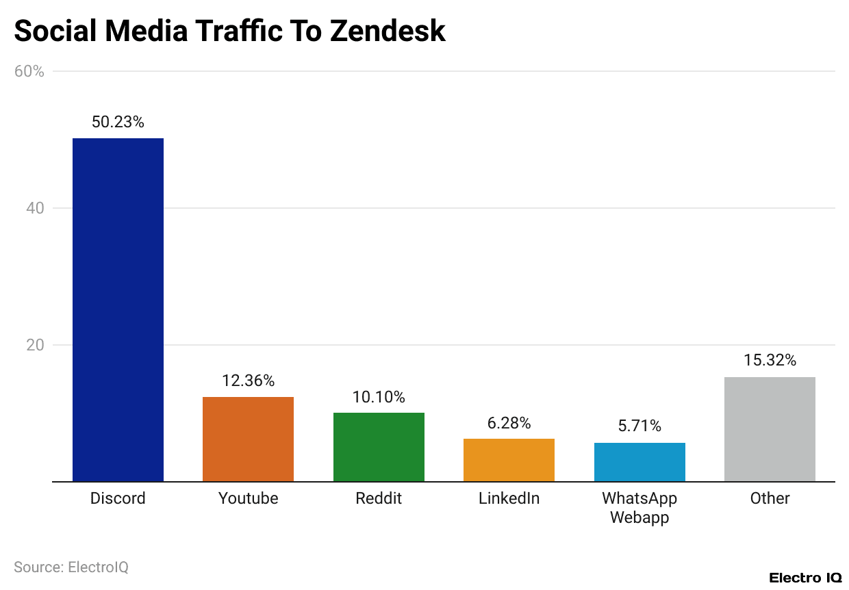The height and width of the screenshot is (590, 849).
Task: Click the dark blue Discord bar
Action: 118,309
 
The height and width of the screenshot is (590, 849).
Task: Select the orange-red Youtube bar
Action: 248,439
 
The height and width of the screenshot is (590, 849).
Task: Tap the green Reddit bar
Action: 379,446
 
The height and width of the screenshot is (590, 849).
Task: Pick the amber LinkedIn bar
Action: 509,459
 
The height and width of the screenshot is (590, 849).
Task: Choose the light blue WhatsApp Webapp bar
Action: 639,461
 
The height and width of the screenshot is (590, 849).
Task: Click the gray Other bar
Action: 770,428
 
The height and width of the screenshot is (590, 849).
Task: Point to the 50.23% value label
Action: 118,123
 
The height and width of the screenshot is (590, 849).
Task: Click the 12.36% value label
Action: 248,381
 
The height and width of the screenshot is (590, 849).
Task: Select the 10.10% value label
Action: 379,397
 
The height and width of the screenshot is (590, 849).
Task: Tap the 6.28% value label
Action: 509,423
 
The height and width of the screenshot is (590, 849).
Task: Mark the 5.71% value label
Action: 639,426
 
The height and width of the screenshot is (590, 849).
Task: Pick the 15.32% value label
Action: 770,361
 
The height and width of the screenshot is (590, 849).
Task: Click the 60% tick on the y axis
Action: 29,71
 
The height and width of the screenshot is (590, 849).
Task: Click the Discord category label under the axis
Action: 118,498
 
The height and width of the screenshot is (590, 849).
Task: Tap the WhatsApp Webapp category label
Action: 639,507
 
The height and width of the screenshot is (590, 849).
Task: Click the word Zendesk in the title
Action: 388,31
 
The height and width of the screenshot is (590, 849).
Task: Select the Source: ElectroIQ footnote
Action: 71,567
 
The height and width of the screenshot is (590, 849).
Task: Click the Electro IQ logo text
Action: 804,578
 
